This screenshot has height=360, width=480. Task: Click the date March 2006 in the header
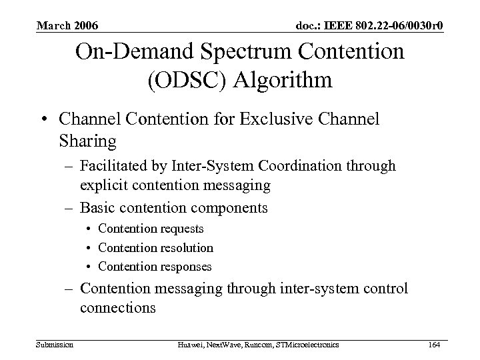pyautogui.click(x=67, y=26)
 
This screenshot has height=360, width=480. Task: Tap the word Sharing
pyautogui.click(x=87, y=141)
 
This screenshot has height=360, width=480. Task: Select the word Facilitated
pyautogui.click(x=111, y=165)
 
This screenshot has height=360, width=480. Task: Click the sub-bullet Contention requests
pyautogui.click(x=151, y=229)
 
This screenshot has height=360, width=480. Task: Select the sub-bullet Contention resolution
pyautogui.click(x=155, y=247)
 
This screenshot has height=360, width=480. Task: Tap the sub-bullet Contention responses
pyautogui.click(x=155, y=266)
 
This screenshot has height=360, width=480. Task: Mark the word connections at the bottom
pyautogui.click(x=117, y=309)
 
